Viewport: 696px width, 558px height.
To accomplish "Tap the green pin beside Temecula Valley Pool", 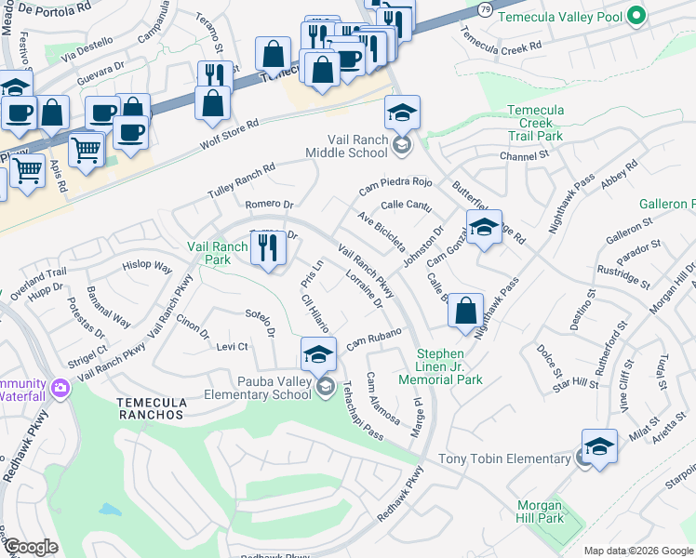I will tap(636, 16).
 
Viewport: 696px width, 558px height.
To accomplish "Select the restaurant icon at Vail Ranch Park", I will tap(268, 247).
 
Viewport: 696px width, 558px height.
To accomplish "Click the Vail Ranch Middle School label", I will tap(348, 145).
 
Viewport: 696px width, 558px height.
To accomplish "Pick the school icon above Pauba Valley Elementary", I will tap(318, 354).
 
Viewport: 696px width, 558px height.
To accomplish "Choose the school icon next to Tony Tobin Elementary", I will tap(599, 446).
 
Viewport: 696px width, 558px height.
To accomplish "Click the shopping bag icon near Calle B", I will tap(466, 311).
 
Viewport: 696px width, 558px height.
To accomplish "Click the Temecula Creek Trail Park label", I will tap(535, 123).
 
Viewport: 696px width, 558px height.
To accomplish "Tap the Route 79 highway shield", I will tap(485, 8).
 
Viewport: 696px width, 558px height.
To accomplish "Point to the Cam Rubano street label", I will tap(374, 339).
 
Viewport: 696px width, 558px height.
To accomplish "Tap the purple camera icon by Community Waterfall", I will tap(60, 387).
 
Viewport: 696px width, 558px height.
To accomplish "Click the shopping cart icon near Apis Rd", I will tap(28, 170).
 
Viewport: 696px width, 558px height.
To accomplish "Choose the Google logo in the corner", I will tap(31, 547).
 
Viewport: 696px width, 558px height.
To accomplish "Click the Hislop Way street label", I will tap(147, 267).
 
